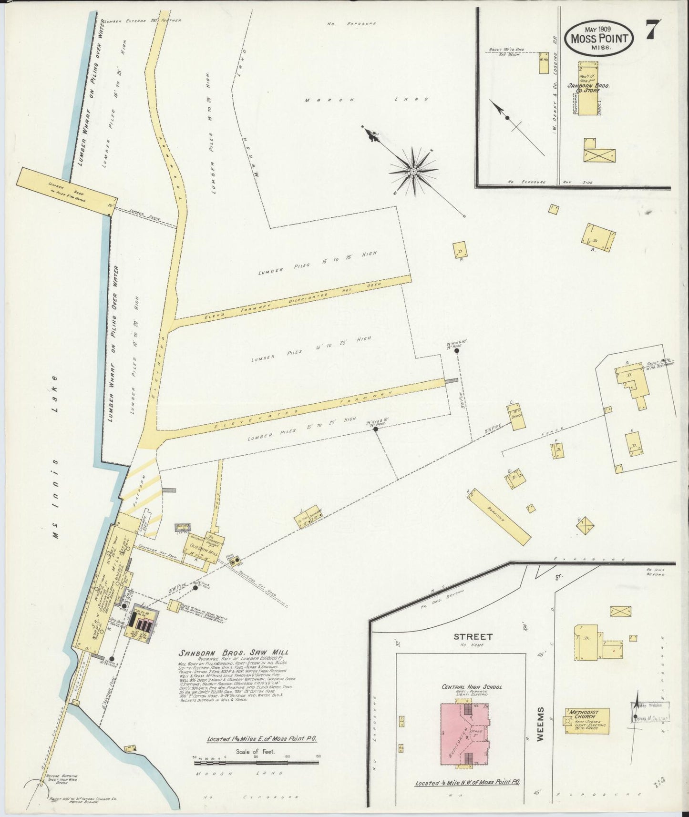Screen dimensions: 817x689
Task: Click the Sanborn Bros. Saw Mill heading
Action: coord(233,653)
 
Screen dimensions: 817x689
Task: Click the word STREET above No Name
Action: coord(466,636)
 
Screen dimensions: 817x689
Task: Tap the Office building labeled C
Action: coord(517,416)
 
